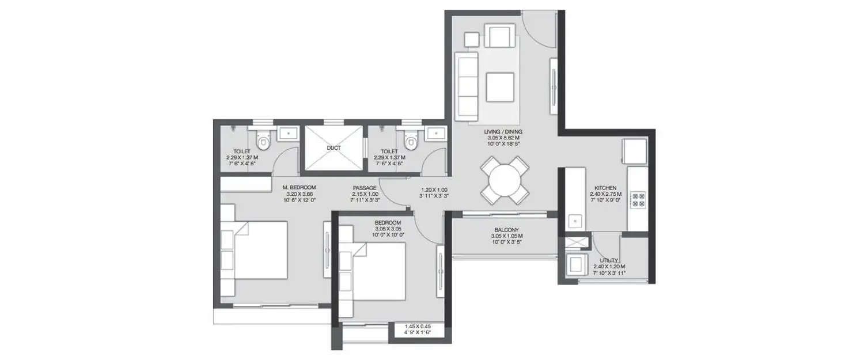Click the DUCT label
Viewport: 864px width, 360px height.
click(x=334, y=148)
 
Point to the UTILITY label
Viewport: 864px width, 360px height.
click(x=609, y=261)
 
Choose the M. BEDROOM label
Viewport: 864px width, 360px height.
click(x=298, y=188)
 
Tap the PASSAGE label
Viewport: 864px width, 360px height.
click(x=365, y=188)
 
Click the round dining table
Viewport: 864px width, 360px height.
click(x=505, y=180)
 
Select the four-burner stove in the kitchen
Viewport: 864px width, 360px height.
click(x=639, y=199)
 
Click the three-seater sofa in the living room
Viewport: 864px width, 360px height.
click(x=467, y=86)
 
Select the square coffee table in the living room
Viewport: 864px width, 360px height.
click(x=500, y=87)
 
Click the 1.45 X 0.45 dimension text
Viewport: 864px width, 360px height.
click(x=417, y=329)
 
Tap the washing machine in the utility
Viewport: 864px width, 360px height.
click(x=575, y=264)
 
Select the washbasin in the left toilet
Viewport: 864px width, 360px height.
click(x=286, y=134)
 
